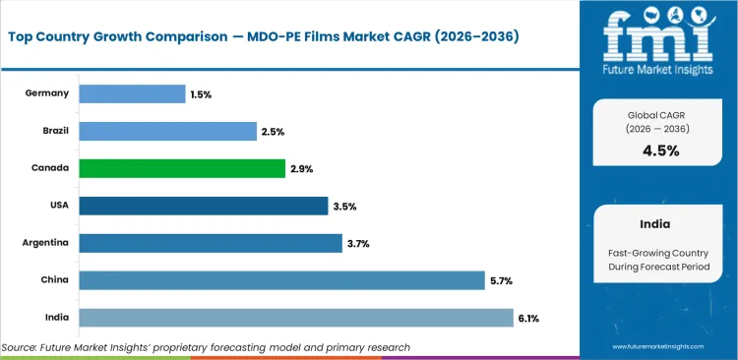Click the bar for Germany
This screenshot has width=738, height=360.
(x=132, y=94)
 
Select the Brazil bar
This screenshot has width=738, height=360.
(x=167, y=132)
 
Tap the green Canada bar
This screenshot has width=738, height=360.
(x=182, y=169)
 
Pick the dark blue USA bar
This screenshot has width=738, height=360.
(x=203, y=206)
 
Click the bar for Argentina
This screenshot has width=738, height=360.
(x=209, y=243)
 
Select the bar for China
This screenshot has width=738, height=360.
(x=281, y=280)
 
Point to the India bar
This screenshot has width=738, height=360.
(x=295, y=318)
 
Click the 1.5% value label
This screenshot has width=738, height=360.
(x=201, y=94)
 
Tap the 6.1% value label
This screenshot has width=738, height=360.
(x=527, y=318)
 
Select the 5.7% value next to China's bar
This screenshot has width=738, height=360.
(x=501, y=280)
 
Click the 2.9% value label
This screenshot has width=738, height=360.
(x=301, y=169)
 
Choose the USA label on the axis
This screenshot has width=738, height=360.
(x=57, y=206)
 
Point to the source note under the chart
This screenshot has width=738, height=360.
(x=206, y=347)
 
